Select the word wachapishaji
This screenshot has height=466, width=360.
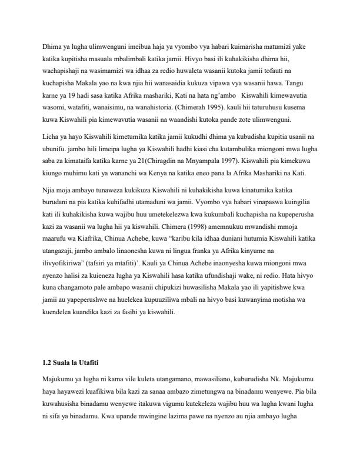tap(59, 71)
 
